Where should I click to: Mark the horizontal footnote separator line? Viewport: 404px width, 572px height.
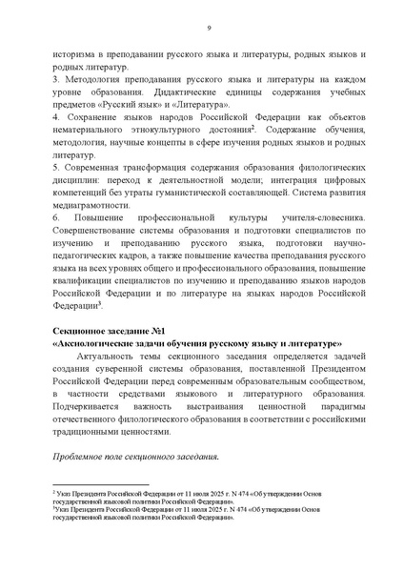95,485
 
